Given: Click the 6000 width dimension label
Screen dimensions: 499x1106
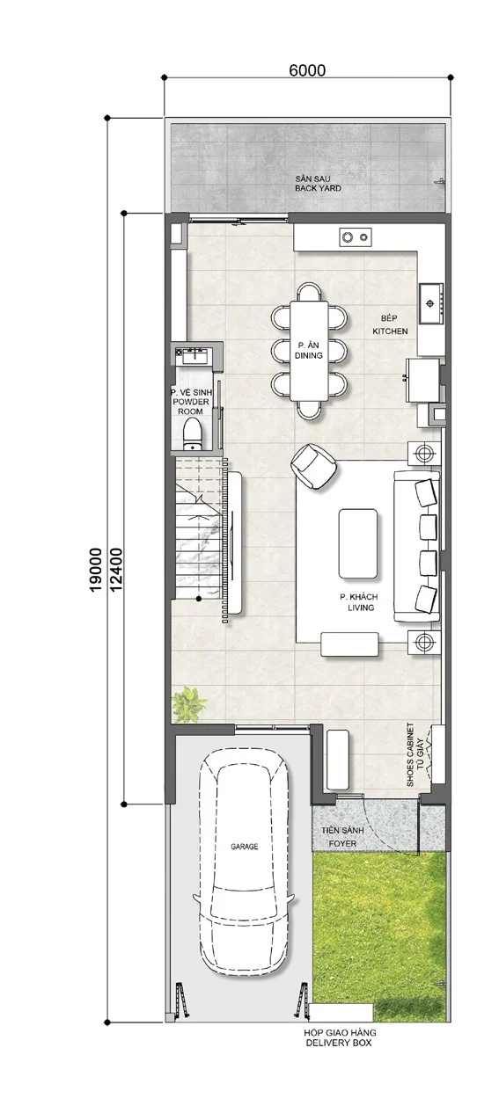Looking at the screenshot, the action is (x=307, y=70).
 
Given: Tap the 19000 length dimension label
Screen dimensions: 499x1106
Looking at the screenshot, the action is (x=95, y=569).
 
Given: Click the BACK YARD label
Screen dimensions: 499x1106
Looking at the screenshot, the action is (x=318, y=188).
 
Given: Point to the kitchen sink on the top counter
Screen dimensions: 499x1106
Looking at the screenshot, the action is (x=356, y=237).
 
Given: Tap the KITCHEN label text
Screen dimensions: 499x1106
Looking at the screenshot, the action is (x=390, y=331).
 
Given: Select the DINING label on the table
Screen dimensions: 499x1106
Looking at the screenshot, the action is (x=309, y=355).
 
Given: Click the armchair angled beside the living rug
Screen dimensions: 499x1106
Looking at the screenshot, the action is (x=314, y=467).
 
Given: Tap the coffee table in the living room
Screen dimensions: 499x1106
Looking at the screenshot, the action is (x=358, y=543).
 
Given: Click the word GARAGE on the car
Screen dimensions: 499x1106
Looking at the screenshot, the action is (x=245, y=847).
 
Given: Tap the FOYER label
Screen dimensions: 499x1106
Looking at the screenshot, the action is (x=342, y=843).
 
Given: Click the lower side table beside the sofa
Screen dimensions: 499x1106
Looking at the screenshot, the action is (x=423, y=642).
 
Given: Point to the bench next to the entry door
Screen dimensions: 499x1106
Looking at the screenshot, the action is (x=339, y=760).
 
